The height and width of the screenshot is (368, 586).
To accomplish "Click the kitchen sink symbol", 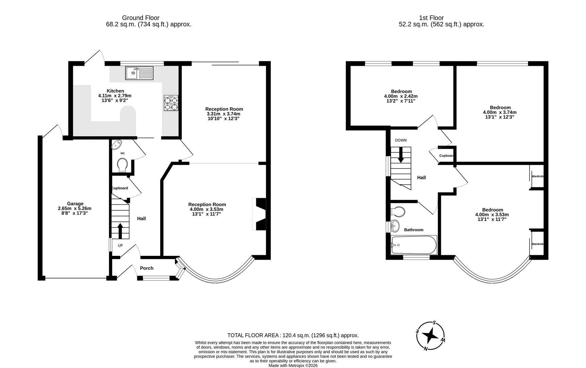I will click(x=140, y=73).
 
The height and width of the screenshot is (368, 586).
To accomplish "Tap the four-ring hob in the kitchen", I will click(x=171, y=103).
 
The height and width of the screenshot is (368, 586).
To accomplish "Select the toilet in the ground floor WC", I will click(x=122, y=165).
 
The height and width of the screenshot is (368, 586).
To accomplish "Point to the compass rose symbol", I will click(x=431, y=336).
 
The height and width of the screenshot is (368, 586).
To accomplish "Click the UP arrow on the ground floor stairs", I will click(x=120, y=231).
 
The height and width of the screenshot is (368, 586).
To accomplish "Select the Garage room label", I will click(x=75, y=204).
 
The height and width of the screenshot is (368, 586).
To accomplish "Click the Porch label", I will click(x=147, y=268).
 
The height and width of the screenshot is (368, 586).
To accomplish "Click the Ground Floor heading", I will click(x=141, y=18).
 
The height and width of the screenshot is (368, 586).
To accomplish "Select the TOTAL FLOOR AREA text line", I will click(x=293, y=335).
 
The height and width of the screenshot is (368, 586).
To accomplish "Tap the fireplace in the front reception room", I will click(x=260, y=214).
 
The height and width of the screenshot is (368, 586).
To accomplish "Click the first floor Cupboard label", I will click(x=446, y=156).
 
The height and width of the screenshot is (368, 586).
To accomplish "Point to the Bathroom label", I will click(x=413, y=230).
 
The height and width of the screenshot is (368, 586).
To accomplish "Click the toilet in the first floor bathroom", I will click(x=398, y=212).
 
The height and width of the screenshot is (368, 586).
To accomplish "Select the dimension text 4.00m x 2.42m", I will click(x=401, y=96).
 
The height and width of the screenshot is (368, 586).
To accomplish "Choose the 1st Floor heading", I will click(x=431, y=18).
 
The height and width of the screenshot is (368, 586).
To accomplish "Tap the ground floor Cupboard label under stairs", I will click(x=120, y=188).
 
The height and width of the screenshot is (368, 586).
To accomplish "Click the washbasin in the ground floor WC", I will click(x=117, y=144).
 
